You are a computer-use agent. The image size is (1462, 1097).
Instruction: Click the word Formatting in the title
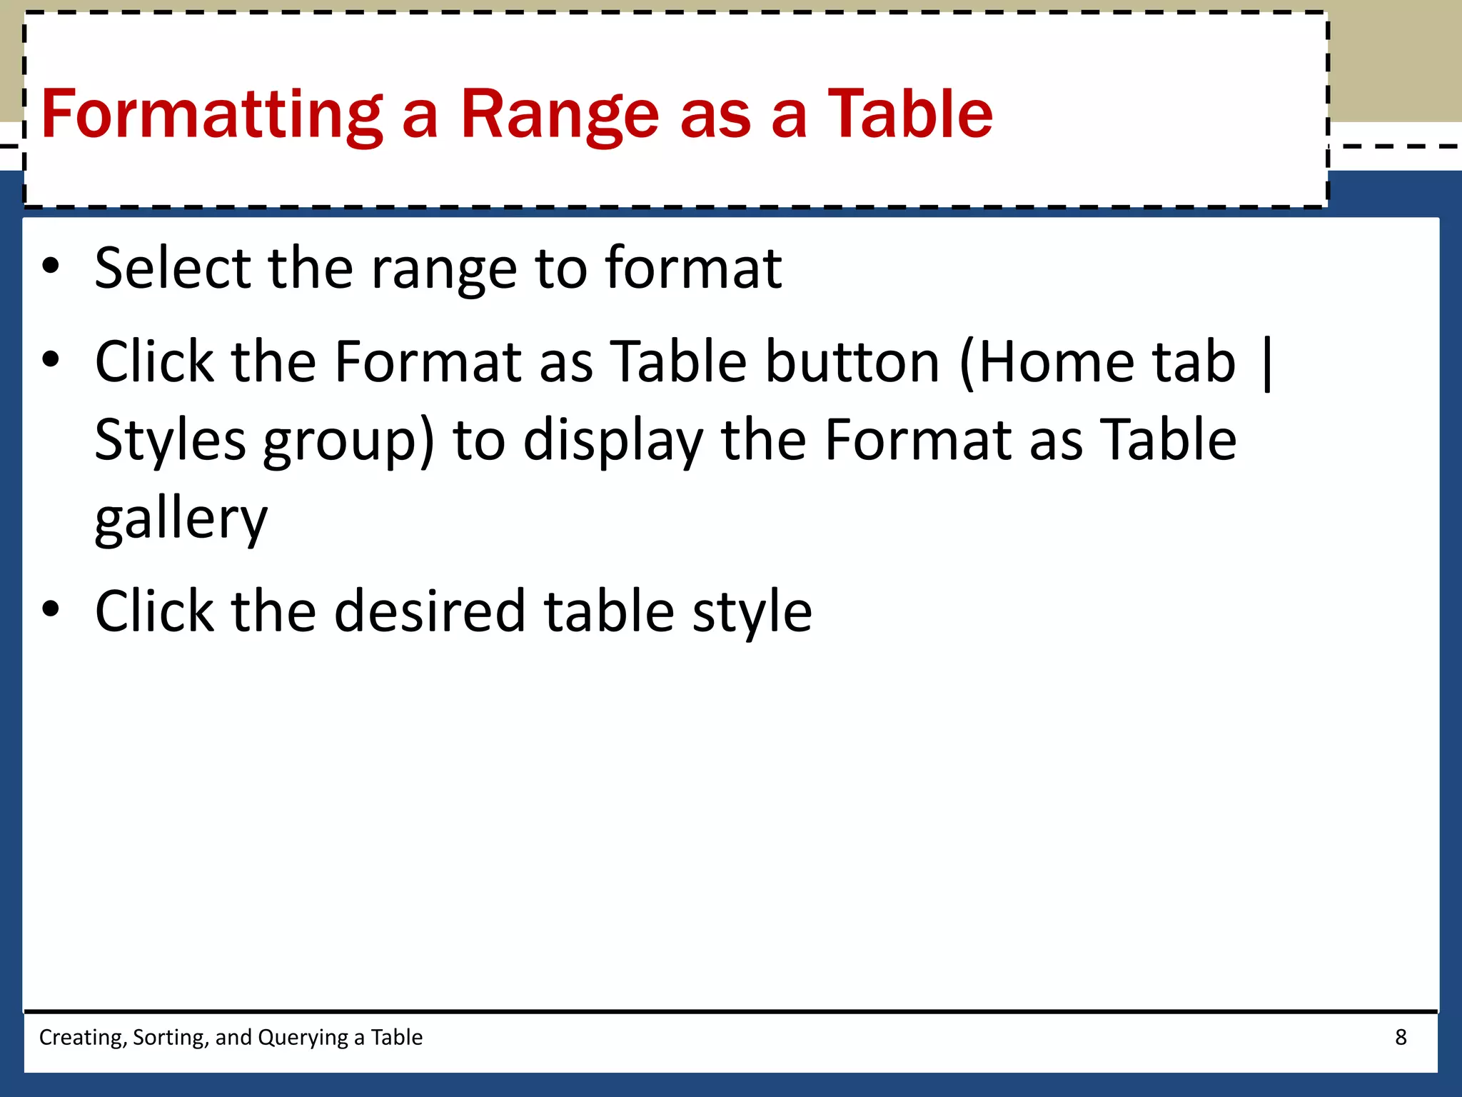coord(212,114)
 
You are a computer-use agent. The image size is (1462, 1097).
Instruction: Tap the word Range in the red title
coord(560,114)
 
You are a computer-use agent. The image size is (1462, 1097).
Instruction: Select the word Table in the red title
coord(909,114)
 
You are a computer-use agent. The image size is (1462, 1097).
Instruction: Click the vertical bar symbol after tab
coord(1267,364)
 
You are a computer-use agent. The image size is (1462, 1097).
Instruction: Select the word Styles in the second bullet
coord(170,440)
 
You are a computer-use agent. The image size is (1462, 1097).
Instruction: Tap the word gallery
coord(181,519)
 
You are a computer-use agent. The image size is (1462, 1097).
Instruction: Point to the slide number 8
coord(1401,1037)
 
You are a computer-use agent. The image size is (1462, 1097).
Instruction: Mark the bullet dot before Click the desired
coord(51,609)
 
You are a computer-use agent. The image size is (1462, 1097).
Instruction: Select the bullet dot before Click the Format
coord(51,359)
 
